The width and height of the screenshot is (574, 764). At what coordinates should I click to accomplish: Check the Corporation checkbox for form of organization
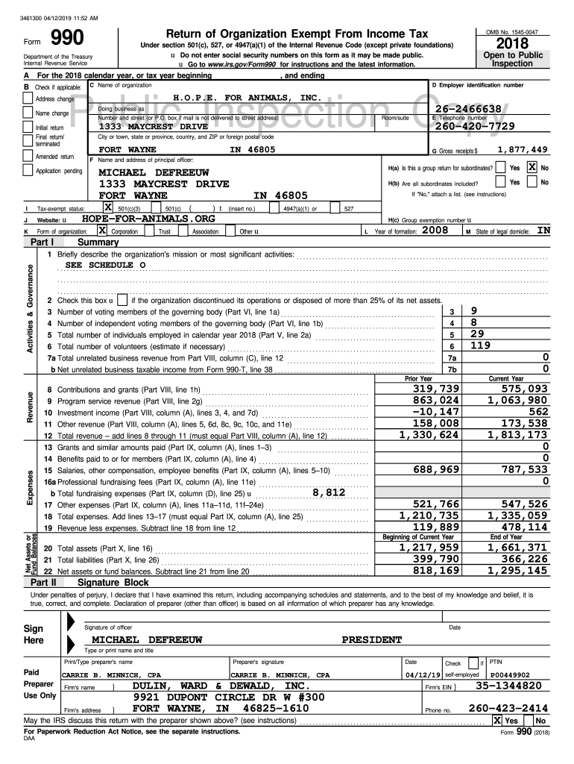101,231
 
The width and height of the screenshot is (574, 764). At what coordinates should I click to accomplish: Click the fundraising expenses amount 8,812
328,492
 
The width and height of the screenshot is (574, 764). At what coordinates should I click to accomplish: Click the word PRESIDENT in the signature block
370,639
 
